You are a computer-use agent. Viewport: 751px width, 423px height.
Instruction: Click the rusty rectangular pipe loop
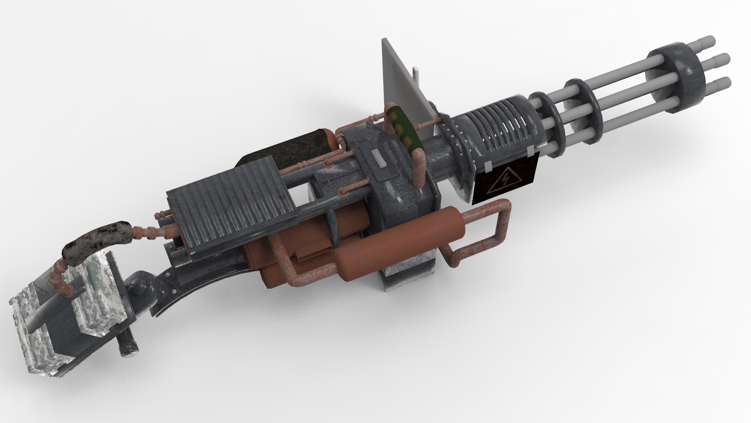pos(485,231)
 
